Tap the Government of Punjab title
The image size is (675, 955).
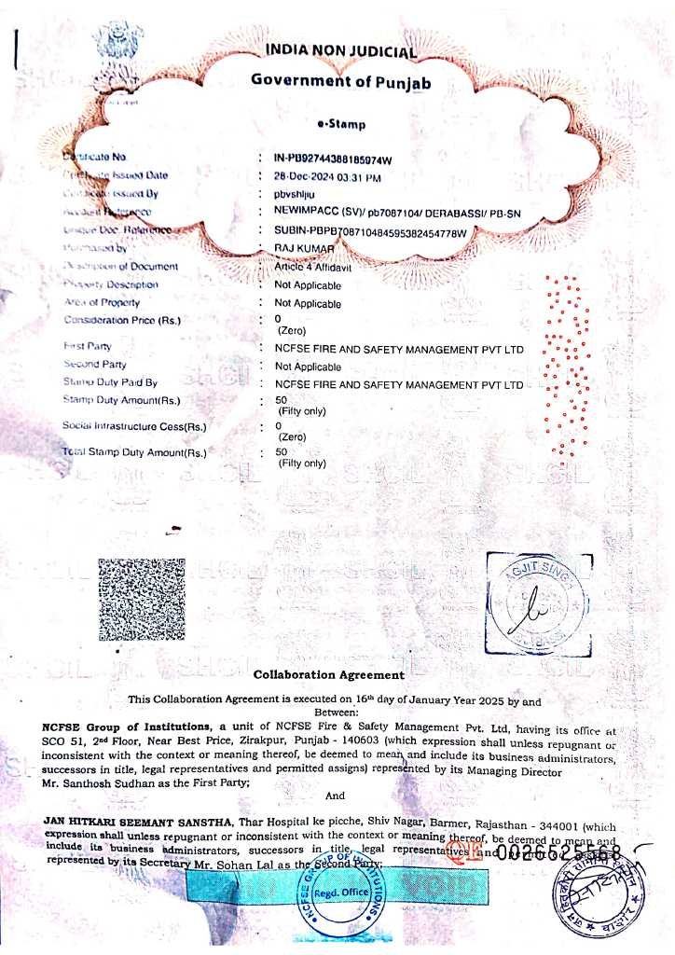(x=340, y=80)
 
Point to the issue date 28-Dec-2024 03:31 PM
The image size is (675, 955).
(x=327, y=176)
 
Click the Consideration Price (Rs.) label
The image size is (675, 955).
(x=122, y=321)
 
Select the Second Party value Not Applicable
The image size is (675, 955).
(x=308, y=367)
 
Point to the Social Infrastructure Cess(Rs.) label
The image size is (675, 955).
(x=134, y=428)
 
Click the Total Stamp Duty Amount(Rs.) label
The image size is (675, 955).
(x=133, y=452)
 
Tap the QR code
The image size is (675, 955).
(x=142, y=599)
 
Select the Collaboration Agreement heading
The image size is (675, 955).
(x=329, y=674)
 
